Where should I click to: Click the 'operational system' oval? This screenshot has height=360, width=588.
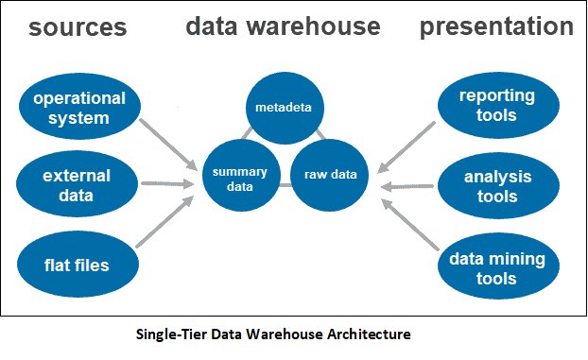click(x=78, y=109)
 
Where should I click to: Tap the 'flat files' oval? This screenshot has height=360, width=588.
click(x=77, y=264)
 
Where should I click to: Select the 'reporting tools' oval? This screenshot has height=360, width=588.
click(x=496, y=106)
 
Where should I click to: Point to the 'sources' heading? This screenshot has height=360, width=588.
click(x=78, y=27)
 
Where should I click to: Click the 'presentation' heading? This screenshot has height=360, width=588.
click(x=496, y=27)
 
